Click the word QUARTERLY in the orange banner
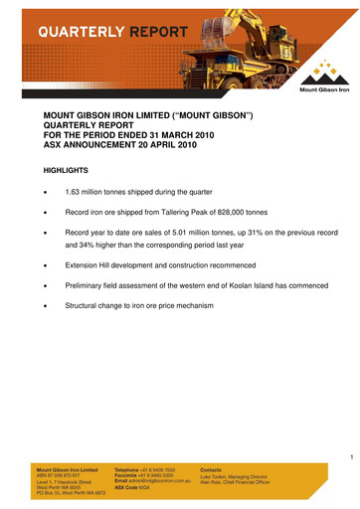coord(81,32)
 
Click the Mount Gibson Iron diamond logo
coord(322,72)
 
